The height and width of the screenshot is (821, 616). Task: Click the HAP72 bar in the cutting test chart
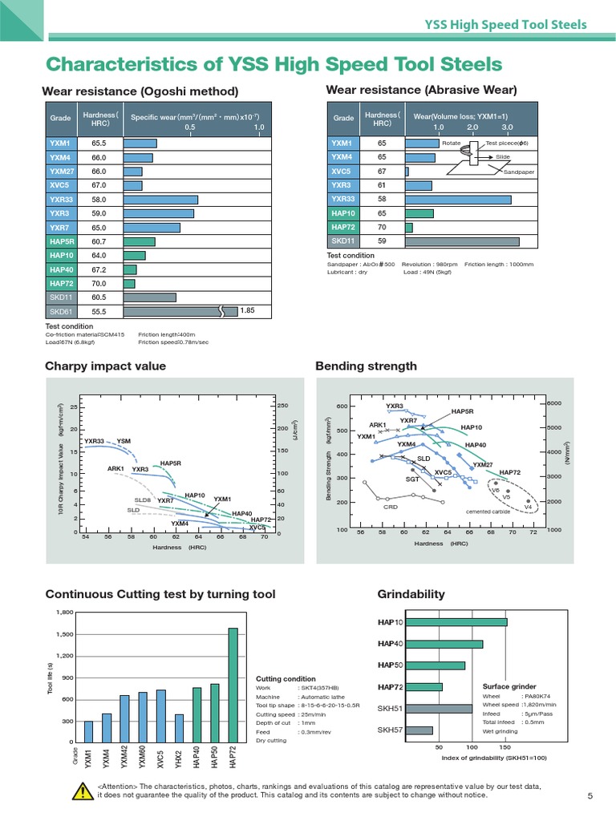[x=233, y=686]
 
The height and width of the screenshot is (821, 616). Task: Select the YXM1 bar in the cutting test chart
[x=88, y=731]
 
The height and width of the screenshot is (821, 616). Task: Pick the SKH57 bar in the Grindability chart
[x=421, y=730]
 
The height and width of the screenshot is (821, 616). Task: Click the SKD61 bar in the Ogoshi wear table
[x=170, y=311]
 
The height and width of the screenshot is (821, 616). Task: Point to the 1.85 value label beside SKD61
[x=247, y=310]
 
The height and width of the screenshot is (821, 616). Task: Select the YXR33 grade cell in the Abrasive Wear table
[x=343, y=199]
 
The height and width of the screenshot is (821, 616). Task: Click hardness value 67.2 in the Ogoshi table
[x=99, y=269]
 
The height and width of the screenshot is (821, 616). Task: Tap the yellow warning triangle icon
[x=82, y=792]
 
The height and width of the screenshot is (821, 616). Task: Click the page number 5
[x=590, y=795]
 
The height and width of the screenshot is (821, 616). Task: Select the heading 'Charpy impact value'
[x=105, y=366]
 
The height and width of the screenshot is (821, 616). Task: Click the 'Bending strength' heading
[x=366, y=366]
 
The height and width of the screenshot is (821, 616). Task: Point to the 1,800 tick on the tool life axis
[x=63, y=613]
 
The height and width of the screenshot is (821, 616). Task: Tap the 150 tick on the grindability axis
[x=505, y=746]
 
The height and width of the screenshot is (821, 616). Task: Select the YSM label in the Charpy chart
[x=124, y=441]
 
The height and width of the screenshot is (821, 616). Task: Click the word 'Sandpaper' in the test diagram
[x=519, y=172]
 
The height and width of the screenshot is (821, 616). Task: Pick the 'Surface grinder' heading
[x=509, y=687]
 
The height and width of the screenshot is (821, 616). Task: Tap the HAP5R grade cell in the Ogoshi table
[x=62, y=241]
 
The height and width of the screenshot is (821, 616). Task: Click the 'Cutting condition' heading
[x=286, y=678]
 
